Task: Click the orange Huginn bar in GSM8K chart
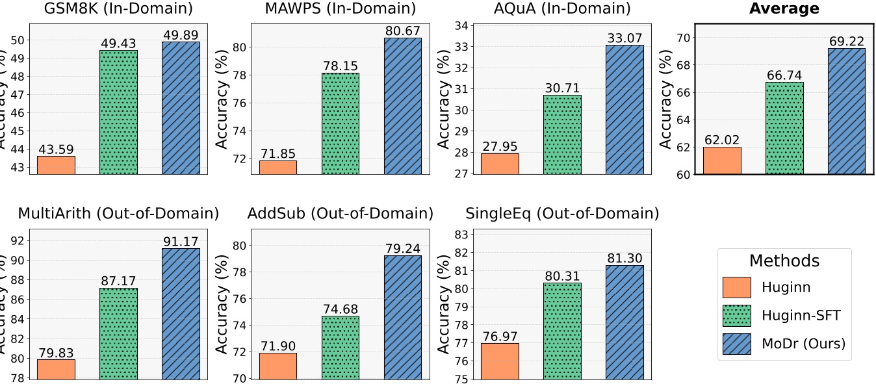[57, 165]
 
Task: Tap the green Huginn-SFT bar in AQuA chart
[562, 134]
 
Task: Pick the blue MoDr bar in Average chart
[847, 111]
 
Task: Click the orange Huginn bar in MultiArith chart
[57, 369]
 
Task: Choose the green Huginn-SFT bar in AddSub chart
[341, 347]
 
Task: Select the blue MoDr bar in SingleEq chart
[625, 322]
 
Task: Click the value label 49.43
[118, 43]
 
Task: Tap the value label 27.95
[500, 146]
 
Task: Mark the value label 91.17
[181, 241]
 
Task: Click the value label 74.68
[341, 309]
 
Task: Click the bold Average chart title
[784, 8]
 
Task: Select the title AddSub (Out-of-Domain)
[340, 213]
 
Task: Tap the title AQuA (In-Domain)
[562, 8]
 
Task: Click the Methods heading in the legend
[784, 261]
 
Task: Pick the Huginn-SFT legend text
[801, 316]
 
